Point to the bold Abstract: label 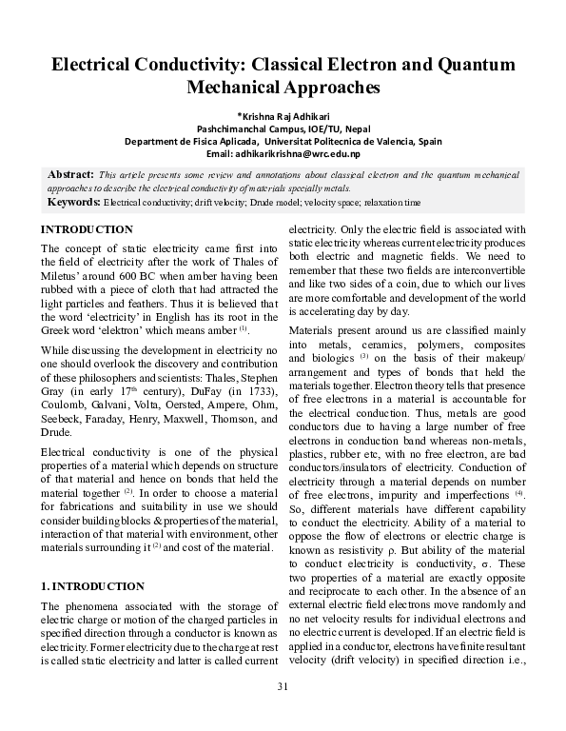(70, 175)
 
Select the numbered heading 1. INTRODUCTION (92, 586)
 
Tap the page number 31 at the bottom (283, 713)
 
